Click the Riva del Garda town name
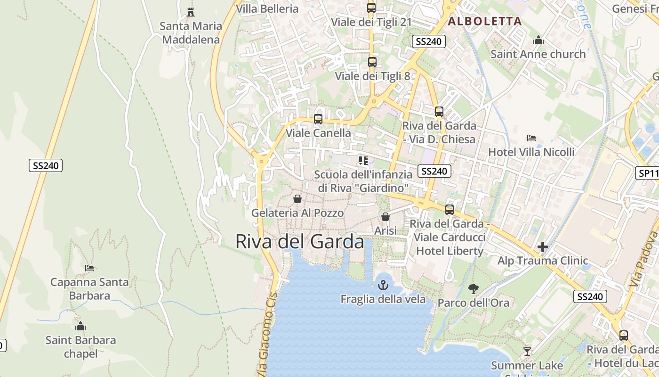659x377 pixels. [x=299, y=242]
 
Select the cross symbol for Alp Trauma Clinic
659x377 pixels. [x=543, y=246]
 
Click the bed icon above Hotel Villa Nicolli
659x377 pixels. [x=531, y=138]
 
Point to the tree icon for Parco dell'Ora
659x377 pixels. [x=474, y=288]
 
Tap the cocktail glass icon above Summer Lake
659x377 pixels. [x=527, y=351]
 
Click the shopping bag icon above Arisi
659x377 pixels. [x=386, y=217]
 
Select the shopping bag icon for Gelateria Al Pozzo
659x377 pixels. [x=297, y=199]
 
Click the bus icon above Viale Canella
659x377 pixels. [x=318, y=119]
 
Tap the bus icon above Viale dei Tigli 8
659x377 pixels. [x=372, y=62]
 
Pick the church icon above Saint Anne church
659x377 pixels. [x=538, y=41]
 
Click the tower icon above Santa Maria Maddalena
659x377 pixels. [x=191, y=12]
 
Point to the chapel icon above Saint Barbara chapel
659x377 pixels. [x=80, y=326]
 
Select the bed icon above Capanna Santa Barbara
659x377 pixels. [x=89, y=268]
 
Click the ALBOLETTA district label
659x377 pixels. [x=485, y=21]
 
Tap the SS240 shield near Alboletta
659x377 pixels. [x=428, y=41]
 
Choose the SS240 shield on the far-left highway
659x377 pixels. [x=45, y=165]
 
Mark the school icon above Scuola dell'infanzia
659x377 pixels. [x=363, y=161]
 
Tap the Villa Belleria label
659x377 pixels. [x=267, y=8]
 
